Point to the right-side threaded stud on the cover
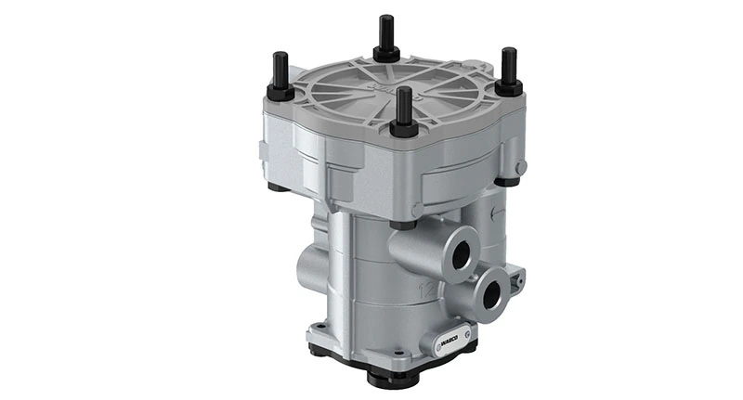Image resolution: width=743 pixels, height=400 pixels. (508, 68)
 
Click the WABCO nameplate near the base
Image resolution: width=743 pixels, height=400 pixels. (442, 341)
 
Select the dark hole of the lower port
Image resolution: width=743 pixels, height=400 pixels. (492, 296)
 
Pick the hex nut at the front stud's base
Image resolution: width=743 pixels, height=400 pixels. (403, 128)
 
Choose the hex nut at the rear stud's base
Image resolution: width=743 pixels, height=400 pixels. (385, 55)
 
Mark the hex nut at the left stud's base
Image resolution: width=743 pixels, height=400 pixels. (280, 93)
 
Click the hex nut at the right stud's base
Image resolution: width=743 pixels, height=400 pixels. (508, 87)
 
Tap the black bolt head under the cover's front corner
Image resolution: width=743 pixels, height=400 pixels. (401, 225)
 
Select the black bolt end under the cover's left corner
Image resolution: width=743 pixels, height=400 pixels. (277, 187)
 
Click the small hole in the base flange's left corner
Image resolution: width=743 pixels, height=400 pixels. (319, 326)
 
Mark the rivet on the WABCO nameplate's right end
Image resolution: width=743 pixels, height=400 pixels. (467, 332)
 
